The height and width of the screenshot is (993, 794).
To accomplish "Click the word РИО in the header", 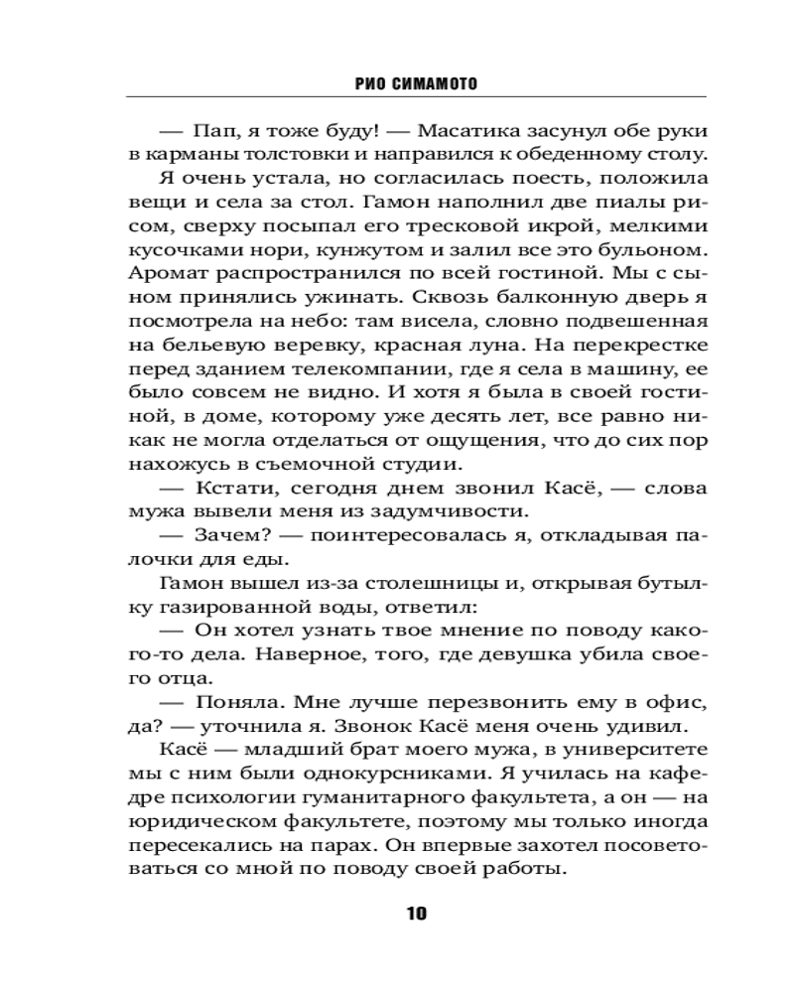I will point(368,84).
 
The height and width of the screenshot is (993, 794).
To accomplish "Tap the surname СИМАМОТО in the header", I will point(428,84).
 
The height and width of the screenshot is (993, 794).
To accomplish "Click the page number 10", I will point(417,914).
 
